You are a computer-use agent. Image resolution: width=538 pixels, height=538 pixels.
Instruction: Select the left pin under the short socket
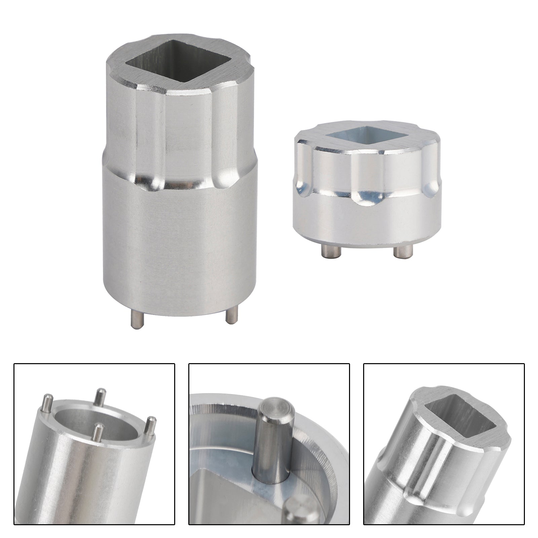click(326, 250)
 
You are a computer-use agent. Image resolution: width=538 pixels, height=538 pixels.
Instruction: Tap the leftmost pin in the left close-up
click(47, 403)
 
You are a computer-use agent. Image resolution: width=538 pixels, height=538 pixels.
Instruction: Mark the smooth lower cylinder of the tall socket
click(178, 242)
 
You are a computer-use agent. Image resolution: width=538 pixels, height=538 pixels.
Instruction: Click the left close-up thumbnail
click(94, 444)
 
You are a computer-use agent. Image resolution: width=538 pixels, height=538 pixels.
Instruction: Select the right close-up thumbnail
click(444, 444)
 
